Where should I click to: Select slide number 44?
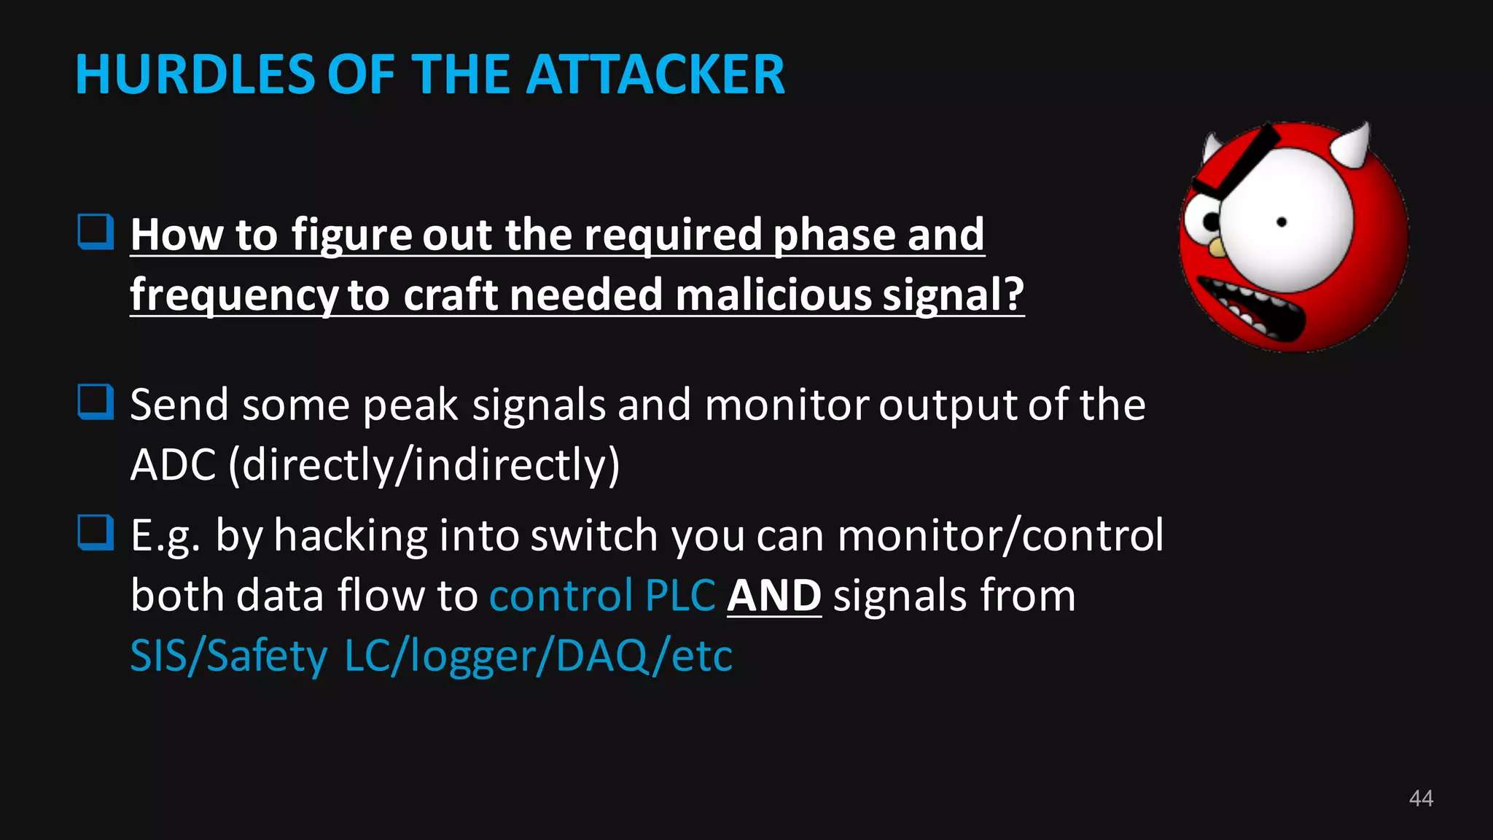click(x=1421, y=798)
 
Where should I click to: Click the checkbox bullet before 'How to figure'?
click(x=95, y=233)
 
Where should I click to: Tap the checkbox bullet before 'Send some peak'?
click(x=95, y=402)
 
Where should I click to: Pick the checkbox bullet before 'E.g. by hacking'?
click(x=95, y=533)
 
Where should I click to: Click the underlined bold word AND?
click(x=773, y=596)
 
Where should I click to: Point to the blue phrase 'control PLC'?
click(x=601, y=596)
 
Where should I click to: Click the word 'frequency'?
click(x=233, y=296)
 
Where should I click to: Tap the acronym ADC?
click(x=173, y=464)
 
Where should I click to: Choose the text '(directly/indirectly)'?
click(x=424, y=465)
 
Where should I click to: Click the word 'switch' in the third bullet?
click(x=593, y=536)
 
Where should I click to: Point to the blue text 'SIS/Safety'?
click(x=228, y=656)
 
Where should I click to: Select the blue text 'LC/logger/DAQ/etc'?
click(x=538, y=656)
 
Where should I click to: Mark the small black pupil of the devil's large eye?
click(x=1282, y=222)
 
